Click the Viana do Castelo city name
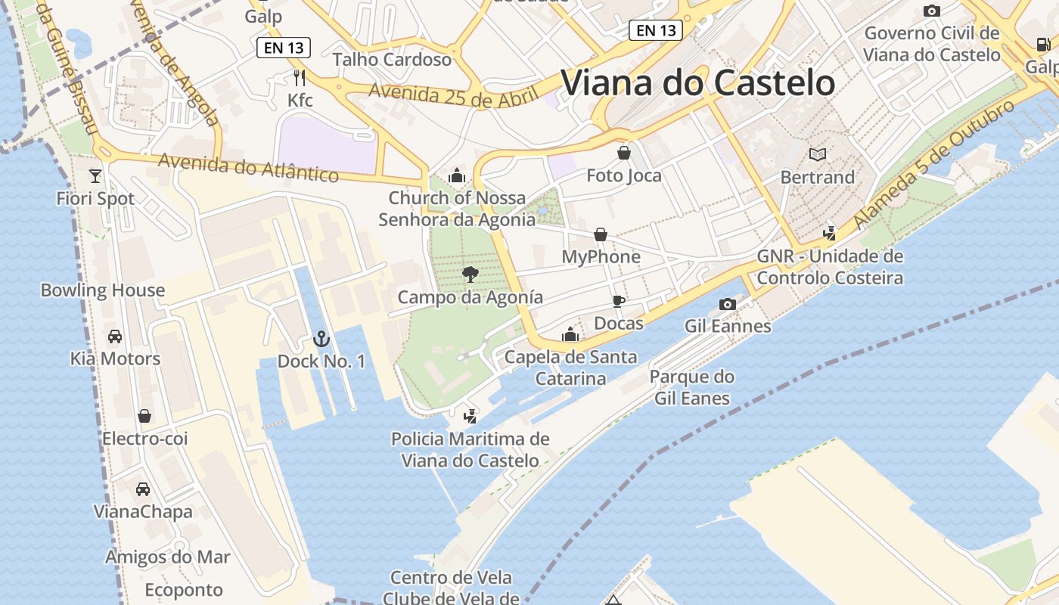(697, 82)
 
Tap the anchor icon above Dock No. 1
(321, 339)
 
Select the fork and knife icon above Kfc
(300, 77)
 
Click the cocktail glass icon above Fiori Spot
(95, 175)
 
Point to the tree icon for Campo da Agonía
(470, 274)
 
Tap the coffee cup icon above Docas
(618, 301)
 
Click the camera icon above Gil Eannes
(728, 304)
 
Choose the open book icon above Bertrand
(817, 154)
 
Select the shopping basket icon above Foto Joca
(624, 154)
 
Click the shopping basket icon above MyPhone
(601, 234)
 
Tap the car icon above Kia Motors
(115, 336)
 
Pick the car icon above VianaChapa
(143, 489)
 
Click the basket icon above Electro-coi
(144, 416)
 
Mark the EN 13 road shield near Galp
(284, 48)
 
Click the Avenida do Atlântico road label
(248, 167)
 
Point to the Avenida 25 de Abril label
(453, 95)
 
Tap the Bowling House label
(103, 290)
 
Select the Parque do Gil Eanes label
(691, 387)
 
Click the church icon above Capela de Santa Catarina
(570, 334)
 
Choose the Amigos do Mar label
(167, 557)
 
